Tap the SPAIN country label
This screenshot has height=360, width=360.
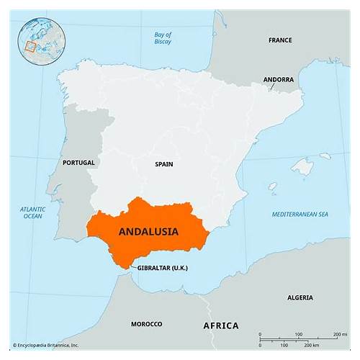click(163, 164)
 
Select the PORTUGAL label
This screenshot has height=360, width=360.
click(78, 163)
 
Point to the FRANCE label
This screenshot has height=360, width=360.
click(280, 40)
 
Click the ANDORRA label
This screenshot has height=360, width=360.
click(278, 79)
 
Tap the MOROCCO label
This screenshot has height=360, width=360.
click(146, 324)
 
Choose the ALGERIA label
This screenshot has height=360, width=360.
click(300, 297)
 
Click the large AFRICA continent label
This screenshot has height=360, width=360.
click(221, 326)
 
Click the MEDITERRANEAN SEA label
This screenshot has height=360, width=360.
click(300, 215)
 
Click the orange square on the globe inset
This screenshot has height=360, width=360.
click(30, 47)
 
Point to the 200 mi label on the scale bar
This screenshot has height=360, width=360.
click(341, 335)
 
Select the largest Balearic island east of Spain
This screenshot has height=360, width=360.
click(303, 167)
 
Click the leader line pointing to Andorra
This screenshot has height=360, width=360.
click(274, 86)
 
